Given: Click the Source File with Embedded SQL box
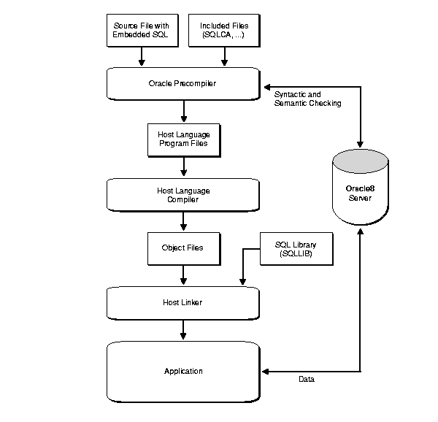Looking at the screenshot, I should (x=142, y=30).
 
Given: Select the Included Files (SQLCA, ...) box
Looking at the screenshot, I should (x=224, y=30).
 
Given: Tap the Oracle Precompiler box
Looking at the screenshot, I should (x=182, y=84).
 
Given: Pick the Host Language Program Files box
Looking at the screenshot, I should (x=182, y=139).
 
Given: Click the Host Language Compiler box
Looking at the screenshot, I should (x=182, y=194).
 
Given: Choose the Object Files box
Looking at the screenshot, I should (x=182, y=248).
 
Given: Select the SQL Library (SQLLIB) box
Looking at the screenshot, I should (x=295, y=248).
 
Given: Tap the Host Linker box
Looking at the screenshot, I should (x=182, y=302).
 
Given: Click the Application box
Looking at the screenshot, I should (x=182, y=371).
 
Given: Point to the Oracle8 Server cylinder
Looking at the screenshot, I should (x=360, y=186).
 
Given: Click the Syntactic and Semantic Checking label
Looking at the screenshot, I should (x=307, y=99).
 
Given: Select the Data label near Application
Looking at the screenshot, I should (x=307, y=379).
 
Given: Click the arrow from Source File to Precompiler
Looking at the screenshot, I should (x=142, y=56).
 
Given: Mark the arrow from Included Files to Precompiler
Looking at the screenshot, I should (x=224, y=56).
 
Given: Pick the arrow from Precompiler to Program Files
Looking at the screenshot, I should (x=182, y=111).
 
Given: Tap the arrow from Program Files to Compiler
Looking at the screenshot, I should (x=182, y=166).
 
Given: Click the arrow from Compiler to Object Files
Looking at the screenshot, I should (x=182, y=221).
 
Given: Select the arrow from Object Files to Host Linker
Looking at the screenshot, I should (x=182, y=275).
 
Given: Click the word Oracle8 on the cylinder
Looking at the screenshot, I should (x=360, y=187).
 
